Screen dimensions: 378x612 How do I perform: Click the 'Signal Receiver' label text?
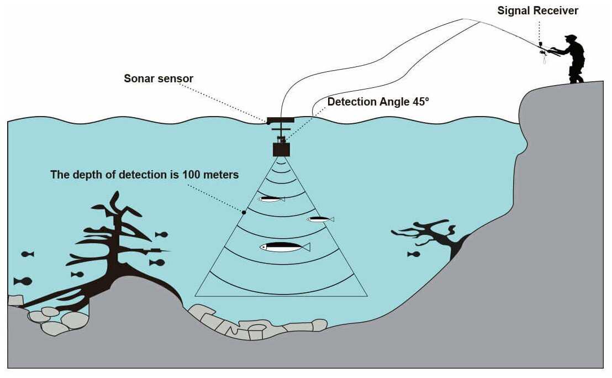click(x=537, y=11)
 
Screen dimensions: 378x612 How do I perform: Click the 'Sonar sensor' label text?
click(x=159, y=78)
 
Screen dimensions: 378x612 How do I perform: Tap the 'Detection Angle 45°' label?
click(x=378, y=102)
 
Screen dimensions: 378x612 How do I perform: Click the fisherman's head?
click(x=570, y=39)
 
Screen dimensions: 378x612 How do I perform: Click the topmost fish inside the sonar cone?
click(x=271, y=199)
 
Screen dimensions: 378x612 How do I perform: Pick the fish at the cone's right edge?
click(x=320, y=219)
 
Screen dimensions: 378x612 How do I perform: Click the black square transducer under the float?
click(x=281, y=149)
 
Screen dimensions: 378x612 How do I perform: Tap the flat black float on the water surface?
click(x=281, y=120)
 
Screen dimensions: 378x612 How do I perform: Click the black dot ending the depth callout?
click(x=244, y=212)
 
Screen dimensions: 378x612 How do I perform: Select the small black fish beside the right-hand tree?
click(x=413, y=254)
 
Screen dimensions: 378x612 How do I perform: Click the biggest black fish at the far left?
click(x=23, y=281)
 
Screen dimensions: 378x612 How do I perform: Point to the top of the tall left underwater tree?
click(x=116, y=195)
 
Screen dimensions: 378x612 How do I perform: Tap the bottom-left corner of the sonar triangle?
click(x=196, y=296)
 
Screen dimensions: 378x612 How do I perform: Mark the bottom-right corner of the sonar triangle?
click(x=367, y=296)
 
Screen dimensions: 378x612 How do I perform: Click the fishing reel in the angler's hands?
click(x=544, y=53)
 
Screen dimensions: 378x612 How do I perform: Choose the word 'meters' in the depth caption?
click(x=220, y=175)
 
